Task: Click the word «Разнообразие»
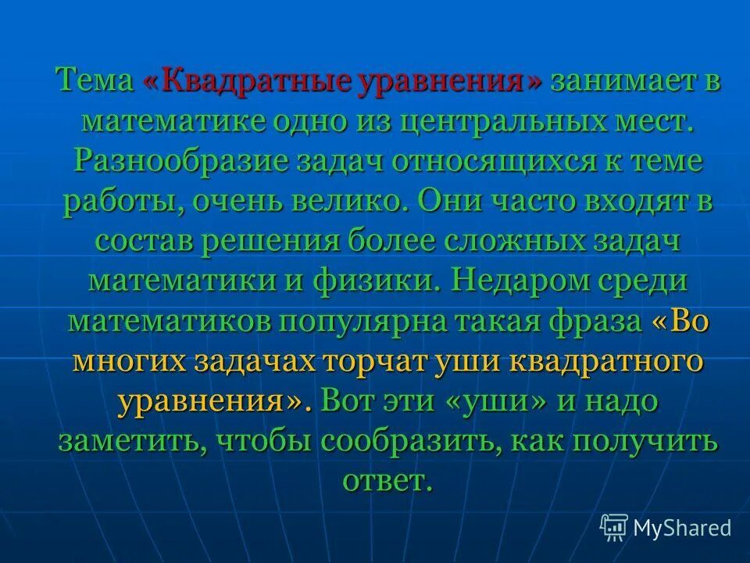170,163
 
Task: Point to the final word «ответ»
386,480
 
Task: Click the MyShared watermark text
682,527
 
